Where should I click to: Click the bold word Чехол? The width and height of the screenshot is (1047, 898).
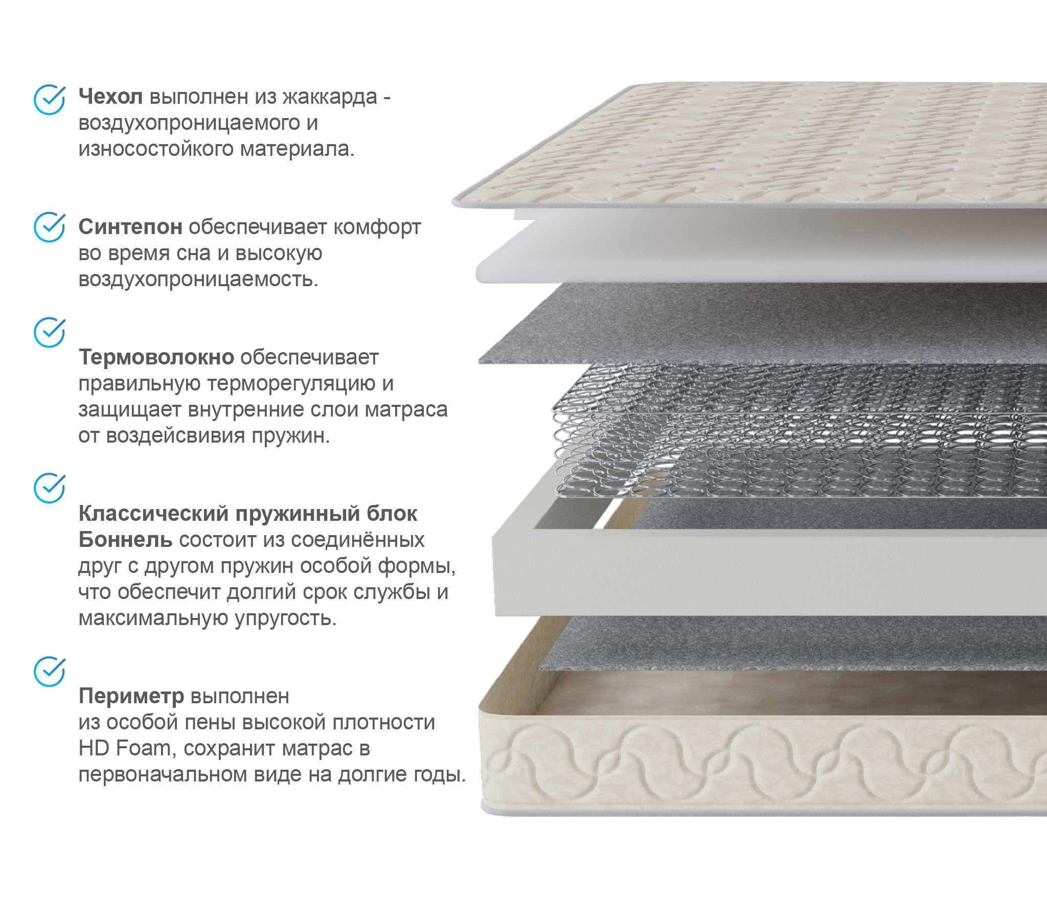pyautogui.click(x=110, y=97)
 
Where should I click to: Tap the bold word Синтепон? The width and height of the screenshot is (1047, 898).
pyautogui.click(x=130, y=227)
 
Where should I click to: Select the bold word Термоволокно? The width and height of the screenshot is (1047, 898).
pyautogui.click(x=156, y=357)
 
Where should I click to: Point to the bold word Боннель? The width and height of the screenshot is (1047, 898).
pyautogui.click(x=125, y=540)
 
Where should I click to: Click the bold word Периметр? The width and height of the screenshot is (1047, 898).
pyautogui.click(x=131, y=696)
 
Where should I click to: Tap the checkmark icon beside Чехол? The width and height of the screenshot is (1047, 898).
pyautogui.click(x=50, y=99)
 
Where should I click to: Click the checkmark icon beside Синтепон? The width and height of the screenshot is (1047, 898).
pyautogui.click(x=50, y=227)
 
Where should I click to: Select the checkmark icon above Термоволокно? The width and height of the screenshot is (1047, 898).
pyautogui.click(x=50, y=332)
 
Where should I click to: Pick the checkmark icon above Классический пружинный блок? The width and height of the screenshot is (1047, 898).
pyautogui.click(x=50, y=488)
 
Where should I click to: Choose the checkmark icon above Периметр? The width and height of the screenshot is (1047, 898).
pyautogui.click(x=50, y=672)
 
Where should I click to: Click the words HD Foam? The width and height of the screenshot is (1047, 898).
pyautogui.click(x=124, y=748)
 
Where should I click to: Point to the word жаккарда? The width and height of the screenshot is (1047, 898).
pyautogui.click(x=330, y=97)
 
